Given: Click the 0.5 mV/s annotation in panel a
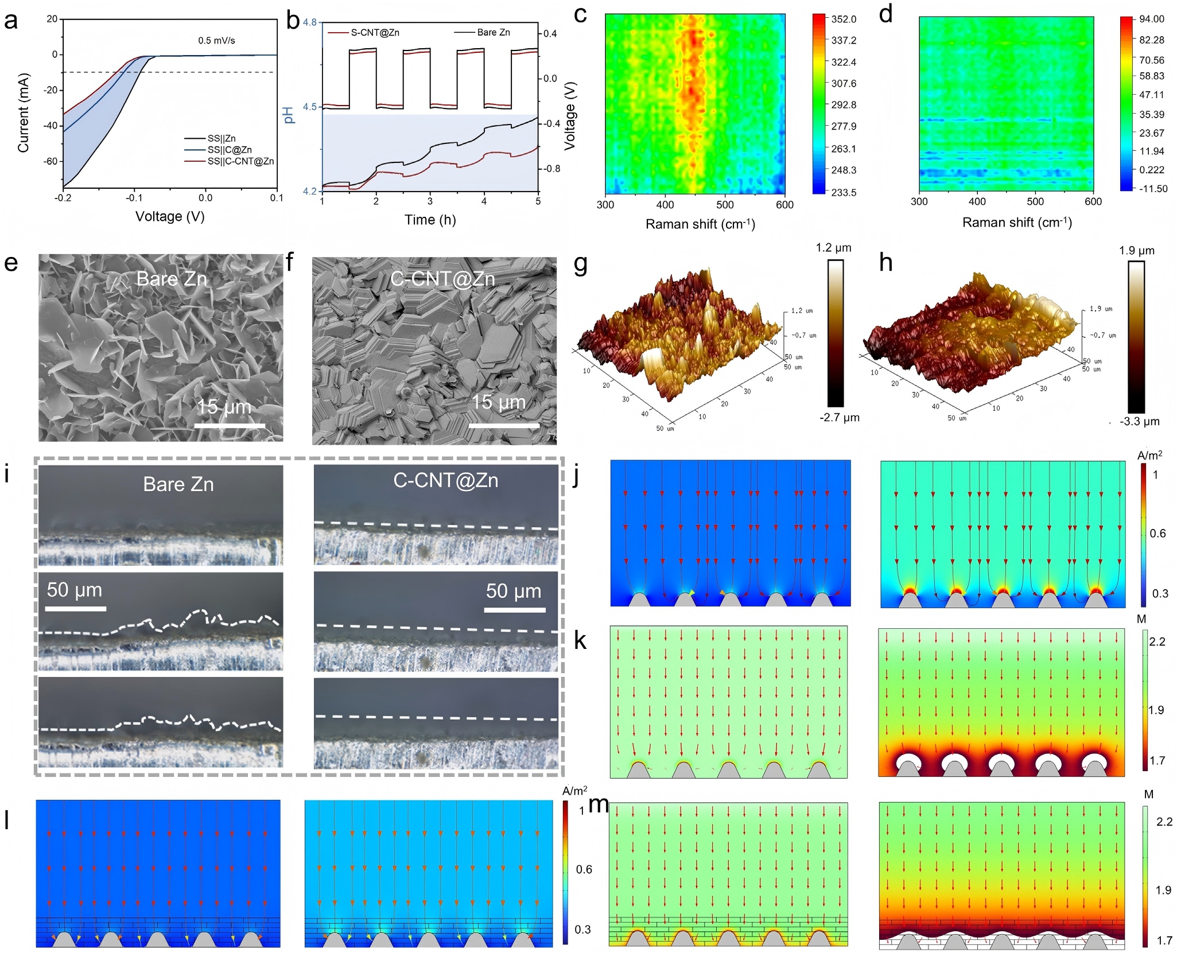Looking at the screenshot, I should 216,41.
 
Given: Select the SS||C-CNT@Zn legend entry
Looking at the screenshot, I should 240,161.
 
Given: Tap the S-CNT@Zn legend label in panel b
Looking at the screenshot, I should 375,33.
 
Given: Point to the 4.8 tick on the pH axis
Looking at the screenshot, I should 310,23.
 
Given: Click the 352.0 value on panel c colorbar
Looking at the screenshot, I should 844,20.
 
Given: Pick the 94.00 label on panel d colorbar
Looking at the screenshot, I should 1152,20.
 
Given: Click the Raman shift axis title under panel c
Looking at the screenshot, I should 700,224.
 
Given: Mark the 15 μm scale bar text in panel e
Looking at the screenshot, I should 224,407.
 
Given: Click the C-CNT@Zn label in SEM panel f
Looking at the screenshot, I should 442,279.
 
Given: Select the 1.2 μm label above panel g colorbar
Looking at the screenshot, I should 833,248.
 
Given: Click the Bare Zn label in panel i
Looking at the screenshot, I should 178,485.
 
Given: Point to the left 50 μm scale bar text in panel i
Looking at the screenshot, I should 75,590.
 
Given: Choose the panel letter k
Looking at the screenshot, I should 580,641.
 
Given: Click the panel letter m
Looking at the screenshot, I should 599,804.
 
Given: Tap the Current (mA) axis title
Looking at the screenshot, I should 23,113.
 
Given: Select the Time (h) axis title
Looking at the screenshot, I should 430,220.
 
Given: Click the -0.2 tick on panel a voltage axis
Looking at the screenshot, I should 63,198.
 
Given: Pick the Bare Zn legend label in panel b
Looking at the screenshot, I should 494,33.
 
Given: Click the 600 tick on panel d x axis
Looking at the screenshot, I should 1093,201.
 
